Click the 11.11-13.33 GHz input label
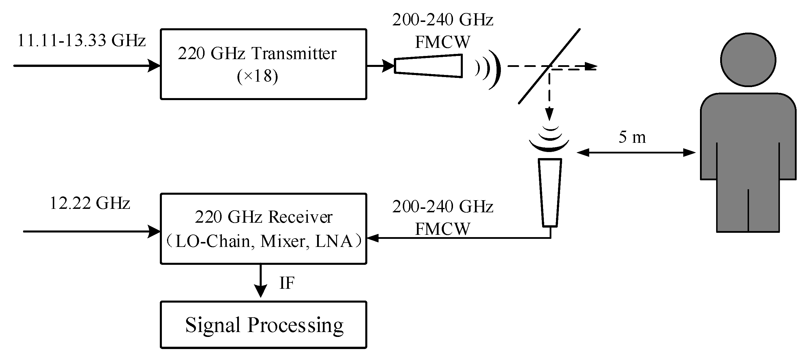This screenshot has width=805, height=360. click(81, 41)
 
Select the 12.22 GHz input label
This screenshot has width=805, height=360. click(90, 203)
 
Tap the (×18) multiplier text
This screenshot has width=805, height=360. click(257, 76)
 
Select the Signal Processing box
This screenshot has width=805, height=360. click(263, 325)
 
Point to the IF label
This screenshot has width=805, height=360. click(287, 283)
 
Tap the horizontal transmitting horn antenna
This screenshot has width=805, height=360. click(428, 66)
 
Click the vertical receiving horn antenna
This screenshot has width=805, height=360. click(550, 192)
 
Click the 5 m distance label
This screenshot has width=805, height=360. click(632, 137)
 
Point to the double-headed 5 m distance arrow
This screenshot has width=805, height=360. click(636, 153)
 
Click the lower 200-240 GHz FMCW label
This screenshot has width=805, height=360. click(443, 217)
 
